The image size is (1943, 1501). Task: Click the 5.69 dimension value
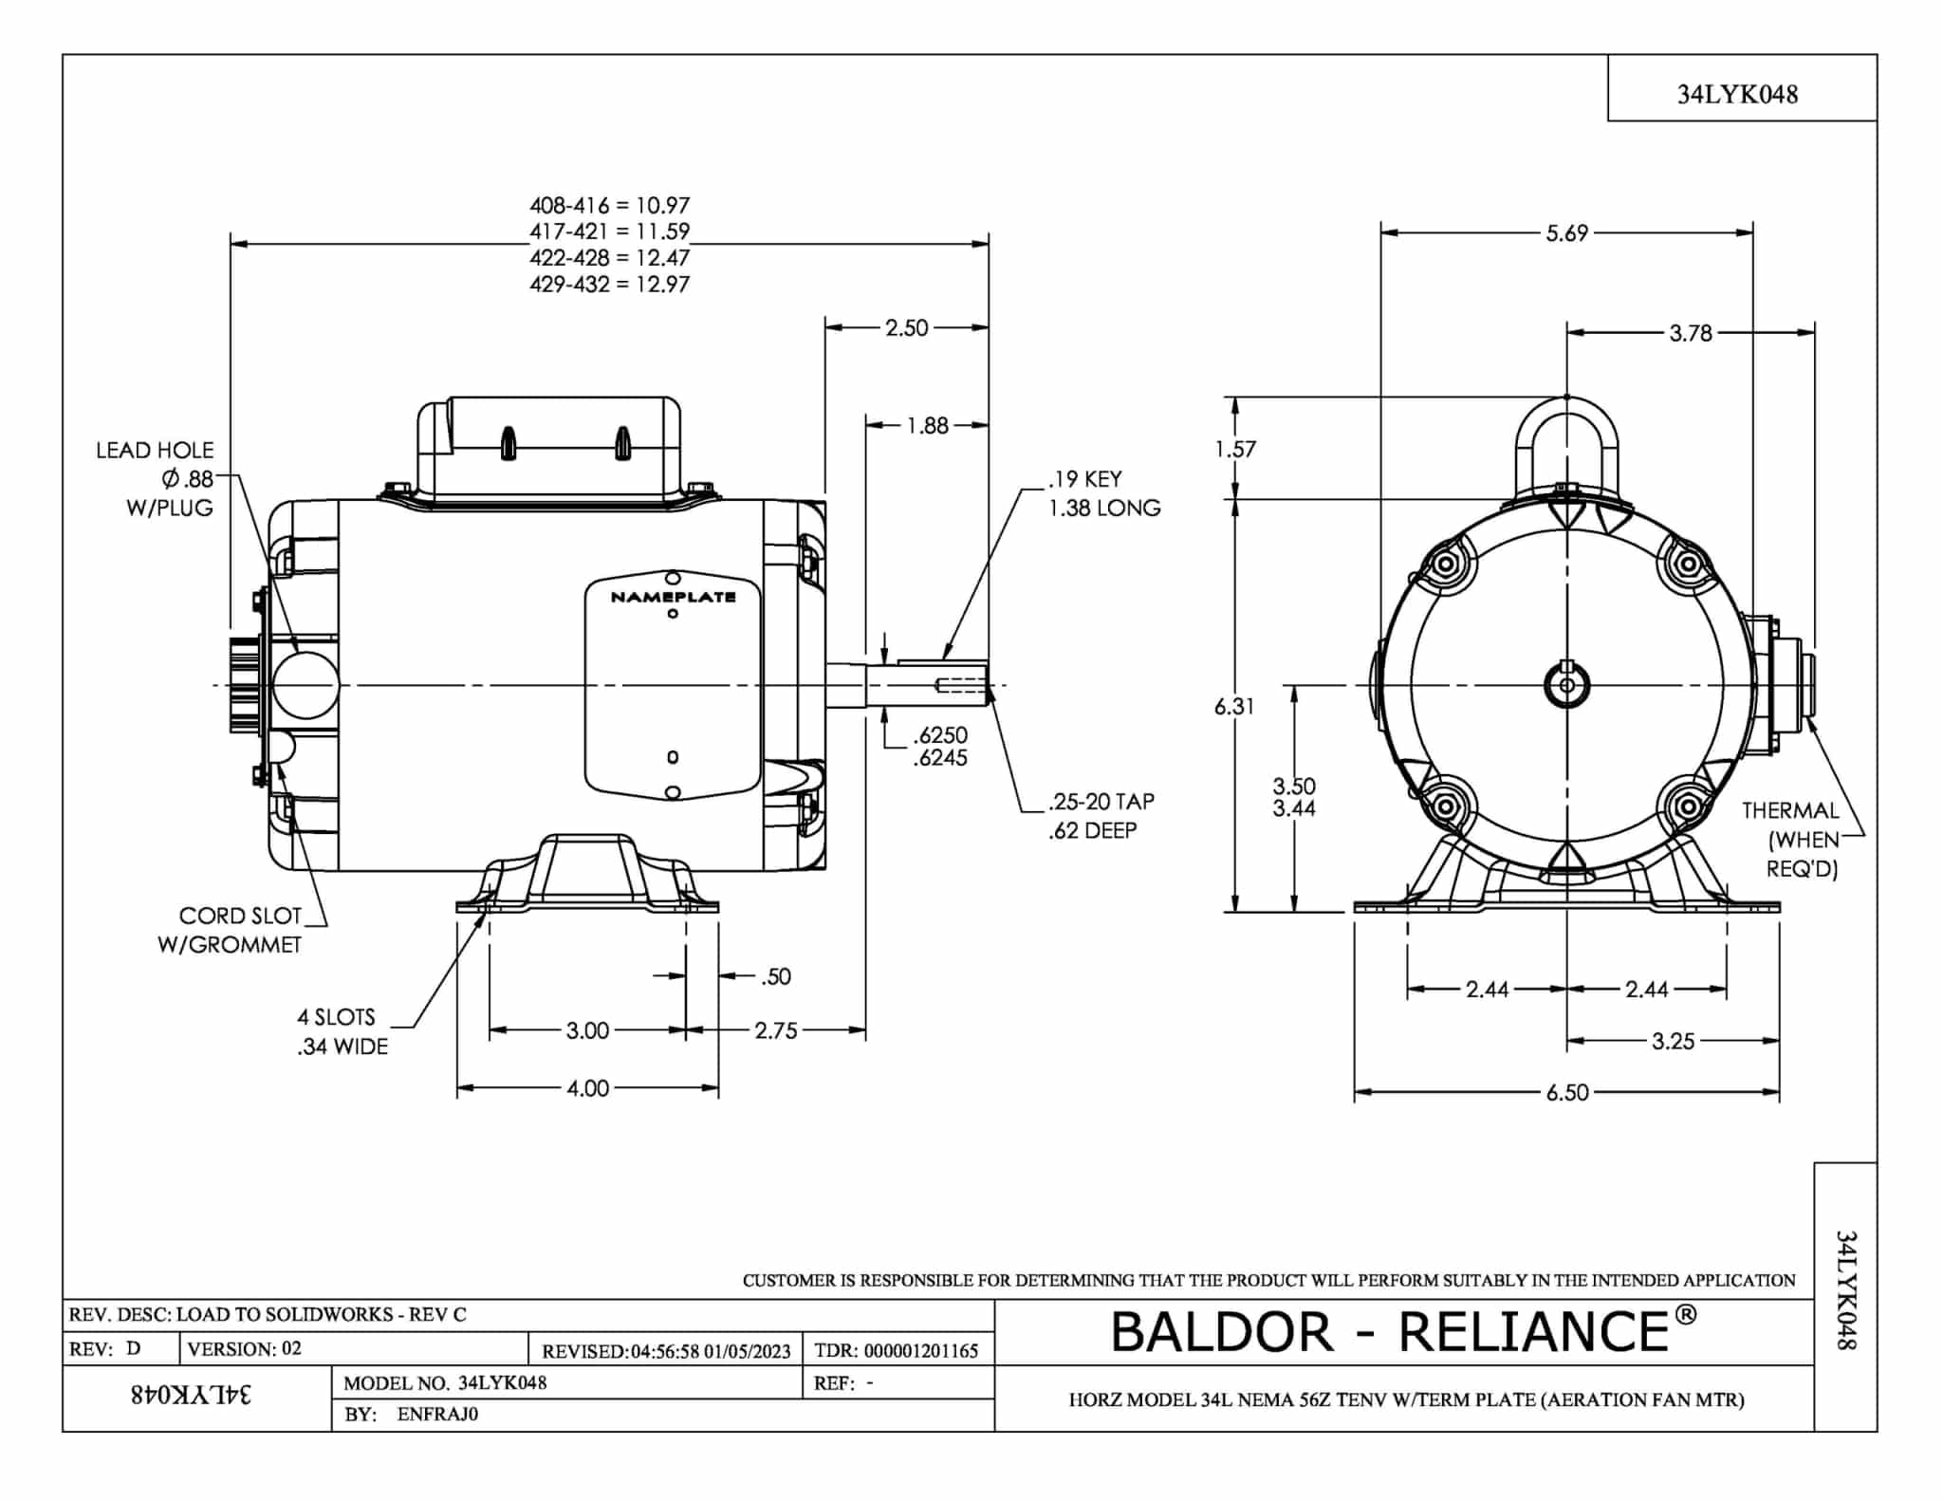(1566, 233)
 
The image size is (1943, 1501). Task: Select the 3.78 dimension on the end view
(1691, 333)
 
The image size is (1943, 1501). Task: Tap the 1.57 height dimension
(1235, 449)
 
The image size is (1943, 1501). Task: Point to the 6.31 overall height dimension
(1234, 706)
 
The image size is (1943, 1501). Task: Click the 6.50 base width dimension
(1567, 1092)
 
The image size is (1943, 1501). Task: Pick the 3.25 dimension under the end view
(1673, 1041)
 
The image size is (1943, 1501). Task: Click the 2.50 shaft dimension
(906, 328)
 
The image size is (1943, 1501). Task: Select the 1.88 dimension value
(927, 426)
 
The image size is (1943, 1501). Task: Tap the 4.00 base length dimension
(587, 1088)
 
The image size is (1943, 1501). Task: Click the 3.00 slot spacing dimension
(587, 1030)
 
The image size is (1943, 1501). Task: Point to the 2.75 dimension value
(776, 1030)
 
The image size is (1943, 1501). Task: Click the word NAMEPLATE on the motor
(674, 597)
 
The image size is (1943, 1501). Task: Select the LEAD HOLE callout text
(155, 451)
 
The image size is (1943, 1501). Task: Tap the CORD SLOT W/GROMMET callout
(230, 930)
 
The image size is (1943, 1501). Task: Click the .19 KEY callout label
(1085, 479)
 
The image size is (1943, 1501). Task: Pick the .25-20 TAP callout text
(1101, 802)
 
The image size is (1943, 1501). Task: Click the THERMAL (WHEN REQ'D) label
(1790, 840)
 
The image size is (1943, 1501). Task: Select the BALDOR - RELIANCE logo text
(1403, 1330)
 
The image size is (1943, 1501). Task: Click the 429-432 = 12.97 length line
(610, 284)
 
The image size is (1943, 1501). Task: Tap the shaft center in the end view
(1567, 685)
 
